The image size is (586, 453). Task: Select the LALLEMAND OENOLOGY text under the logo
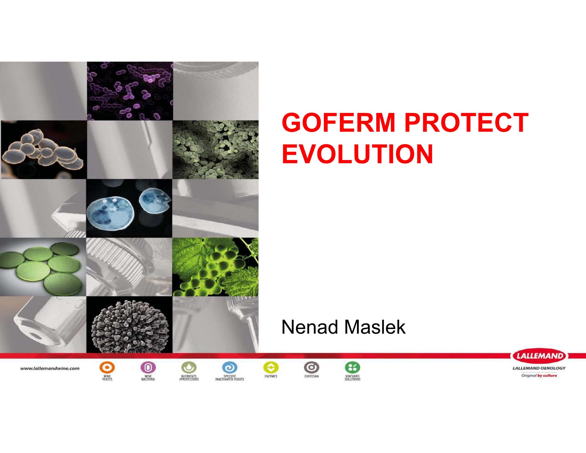pyautogui.click(x=539, y=368)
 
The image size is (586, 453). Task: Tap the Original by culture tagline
pyautogui.click(x=539, y=376)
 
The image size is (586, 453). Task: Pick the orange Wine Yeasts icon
pyautogui.click(x=107, y=367)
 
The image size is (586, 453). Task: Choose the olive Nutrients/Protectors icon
pyautogui.click(x=189, y=367)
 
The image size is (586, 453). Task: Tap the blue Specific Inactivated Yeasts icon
pyautogui.click(x=230, y=367)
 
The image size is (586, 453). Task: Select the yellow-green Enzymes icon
pyautogui.click(x=271, y=367)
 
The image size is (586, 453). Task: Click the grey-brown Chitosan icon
pyautogui.click(x=312, y=367)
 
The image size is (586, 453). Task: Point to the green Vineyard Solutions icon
pyautogui.click(x=352, y=367)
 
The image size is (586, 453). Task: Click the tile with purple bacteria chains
pyautogui.click(x=130, y=91)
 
